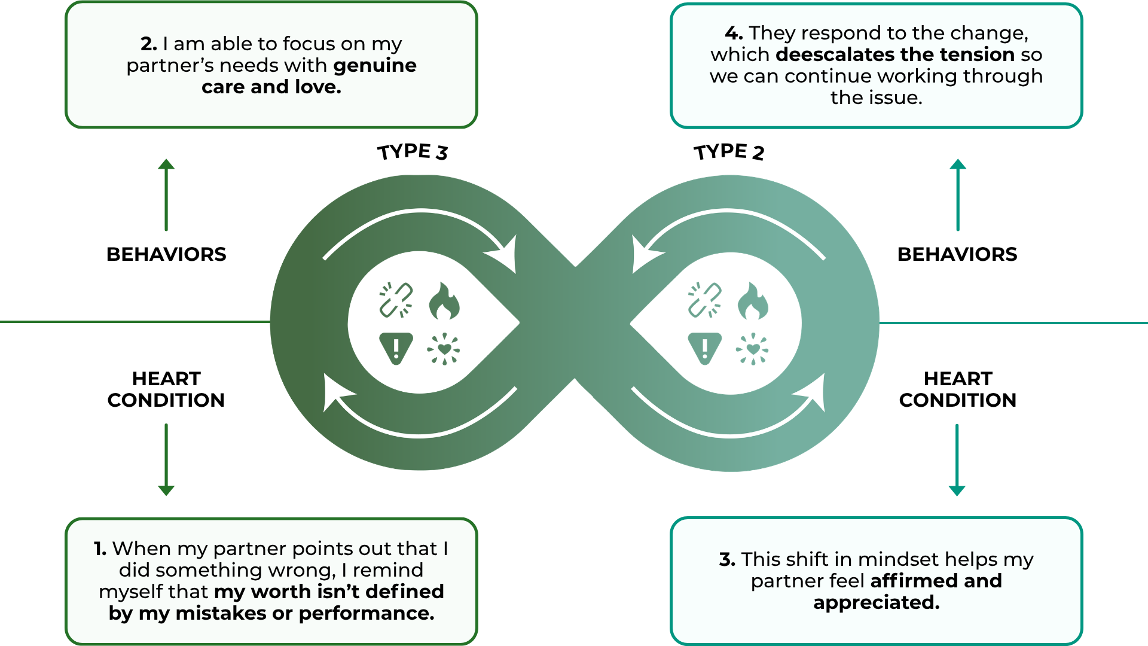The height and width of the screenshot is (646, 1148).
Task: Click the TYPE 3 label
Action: point(413,152)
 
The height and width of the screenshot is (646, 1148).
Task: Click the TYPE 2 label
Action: point(729,152)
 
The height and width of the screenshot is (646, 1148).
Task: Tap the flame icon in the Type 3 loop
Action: point(444,301)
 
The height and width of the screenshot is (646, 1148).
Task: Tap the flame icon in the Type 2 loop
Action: point(753,301)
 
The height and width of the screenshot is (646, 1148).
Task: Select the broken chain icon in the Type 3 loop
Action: point(396,300)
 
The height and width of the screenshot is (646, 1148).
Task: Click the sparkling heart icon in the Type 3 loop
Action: point(444,349)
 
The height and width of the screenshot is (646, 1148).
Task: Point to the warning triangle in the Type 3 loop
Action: point(396,348)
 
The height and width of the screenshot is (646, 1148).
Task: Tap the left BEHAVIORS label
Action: point(166,254)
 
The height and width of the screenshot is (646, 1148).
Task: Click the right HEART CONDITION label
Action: point(957,389)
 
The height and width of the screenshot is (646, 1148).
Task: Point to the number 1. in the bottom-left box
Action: point(100,549)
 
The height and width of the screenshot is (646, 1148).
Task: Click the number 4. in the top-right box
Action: point(734,33)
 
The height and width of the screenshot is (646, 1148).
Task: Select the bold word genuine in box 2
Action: point(374,65)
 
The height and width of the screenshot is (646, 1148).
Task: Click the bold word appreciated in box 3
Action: point(876,602)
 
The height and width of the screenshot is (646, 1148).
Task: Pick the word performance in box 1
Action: point(366,613)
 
